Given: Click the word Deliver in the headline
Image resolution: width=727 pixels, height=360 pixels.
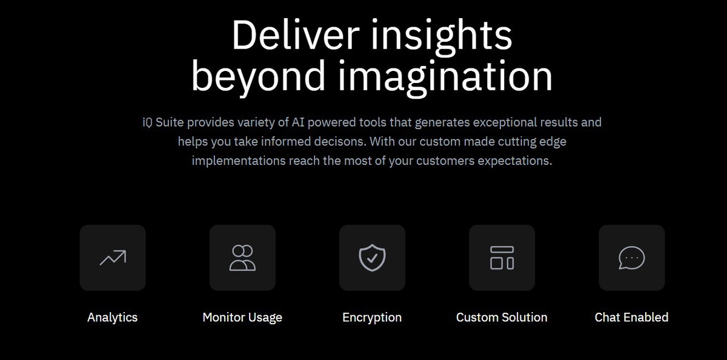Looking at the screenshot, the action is [x=296, y=35].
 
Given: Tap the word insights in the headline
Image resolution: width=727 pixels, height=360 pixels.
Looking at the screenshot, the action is [x=442, y=37].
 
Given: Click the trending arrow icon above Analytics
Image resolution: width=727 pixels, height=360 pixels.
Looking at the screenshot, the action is [x=113, y=258].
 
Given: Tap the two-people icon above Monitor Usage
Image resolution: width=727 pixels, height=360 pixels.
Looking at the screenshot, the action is [x=242, y=258].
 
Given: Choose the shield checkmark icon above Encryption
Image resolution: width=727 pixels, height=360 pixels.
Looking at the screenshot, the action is [x=372, y=258].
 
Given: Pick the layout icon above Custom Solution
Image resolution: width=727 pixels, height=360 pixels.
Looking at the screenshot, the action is [x=502, y=258].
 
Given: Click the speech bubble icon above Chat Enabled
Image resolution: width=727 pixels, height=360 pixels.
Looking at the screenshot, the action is [x=631, y=258].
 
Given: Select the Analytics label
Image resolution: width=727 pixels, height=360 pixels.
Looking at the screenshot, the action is [x=112, y=318].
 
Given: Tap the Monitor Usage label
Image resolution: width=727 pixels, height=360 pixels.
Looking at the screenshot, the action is [x=242, y=318].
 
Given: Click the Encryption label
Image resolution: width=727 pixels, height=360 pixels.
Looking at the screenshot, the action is [x=372, y=318].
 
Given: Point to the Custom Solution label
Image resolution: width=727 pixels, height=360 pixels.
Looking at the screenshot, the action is [x=502, y=317].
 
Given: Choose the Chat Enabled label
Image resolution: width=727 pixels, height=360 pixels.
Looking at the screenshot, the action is [x=631, y=317].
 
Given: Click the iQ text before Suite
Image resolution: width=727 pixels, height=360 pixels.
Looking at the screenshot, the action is [x=147, y=122].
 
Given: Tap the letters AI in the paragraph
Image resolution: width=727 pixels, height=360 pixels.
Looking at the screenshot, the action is [x=298, y=122].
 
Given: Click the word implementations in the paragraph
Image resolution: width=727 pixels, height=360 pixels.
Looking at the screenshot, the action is [x=239, y=161].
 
